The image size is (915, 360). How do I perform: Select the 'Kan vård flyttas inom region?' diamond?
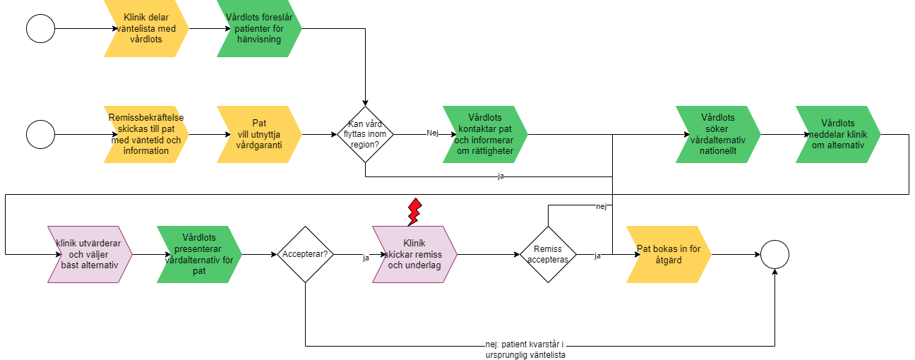pyautogui.click(x=365, y=134)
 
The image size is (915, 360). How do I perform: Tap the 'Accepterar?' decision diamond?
pyautogui.click(x=305, y=254)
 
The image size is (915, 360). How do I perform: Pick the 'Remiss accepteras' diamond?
pyautogui.click(x=549, y=254)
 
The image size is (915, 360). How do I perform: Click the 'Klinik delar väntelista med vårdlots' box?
pyautogui.click(x=147, y=28)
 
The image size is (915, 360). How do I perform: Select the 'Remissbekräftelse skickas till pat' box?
pyautogui.click(x=147, y=134)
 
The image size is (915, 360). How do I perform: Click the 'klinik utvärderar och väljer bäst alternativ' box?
pyautogui.click(x=90, y=254)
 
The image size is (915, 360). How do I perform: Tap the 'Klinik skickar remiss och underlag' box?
pyautogui.click(x=415, y=254)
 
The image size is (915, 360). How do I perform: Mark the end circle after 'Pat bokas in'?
pyautogui.click(x=775, y=254)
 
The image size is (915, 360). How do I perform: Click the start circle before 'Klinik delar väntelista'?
pyautogui.click(x=40, y=28)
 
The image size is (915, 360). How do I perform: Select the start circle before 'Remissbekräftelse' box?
pyautogui.click(x=40, y=134)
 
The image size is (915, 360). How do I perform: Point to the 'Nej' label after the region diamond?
pyautogui.click(x=433, y=133)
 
